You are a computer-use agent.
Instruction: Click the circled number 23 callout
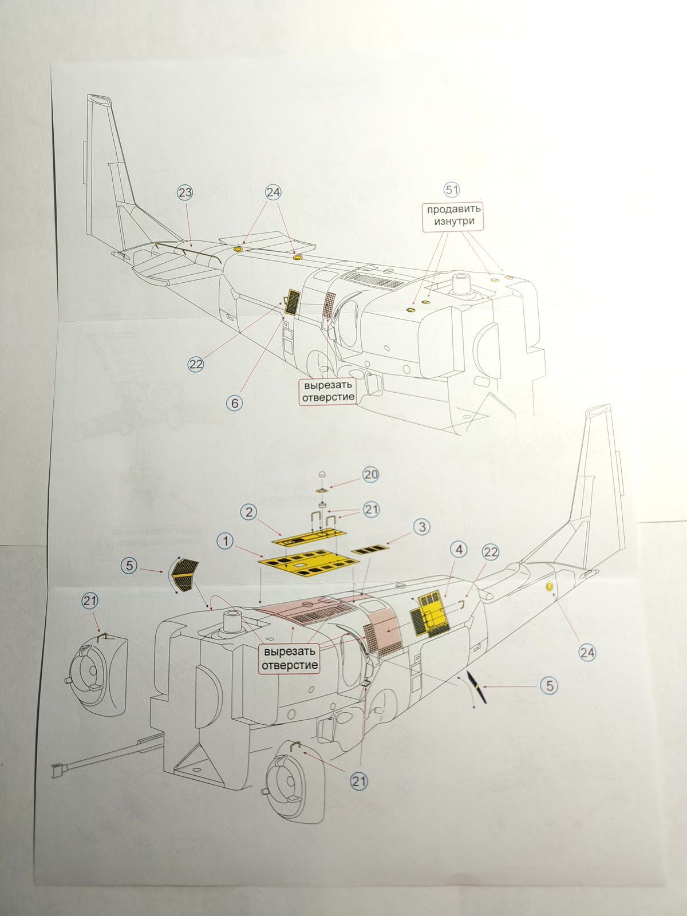[x=185, y=193]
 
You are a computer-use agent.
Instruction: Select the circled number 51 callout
[x=452, y=189]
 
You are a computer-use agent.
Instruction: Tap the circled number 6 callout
[x=234, y=402]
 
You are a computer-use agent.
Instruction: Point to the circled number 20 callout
[x=371, y=475]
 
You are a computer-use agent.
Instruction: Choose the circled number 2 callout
[x=248, y=511]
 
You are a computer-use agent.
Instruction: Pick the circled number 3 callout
[x=421, y=527]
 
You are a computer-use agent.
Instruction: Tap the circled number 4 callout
[x=459, y=550]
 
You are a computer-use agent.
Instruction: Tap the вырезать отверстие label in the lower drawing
[x=289, y=658]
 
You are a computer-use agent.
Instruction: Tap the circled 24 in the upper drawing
[x=273, y=193]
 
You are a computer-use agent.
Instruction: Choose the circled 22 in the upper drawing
[x=196, y=364]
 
